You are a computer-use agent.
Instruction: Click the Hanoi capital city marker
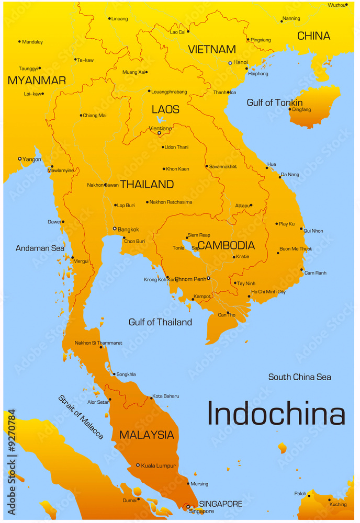pyautogui.click(x=230, y=63)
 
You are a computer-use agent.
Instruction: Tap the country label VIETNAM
pyautogui.click(x=212, y=50)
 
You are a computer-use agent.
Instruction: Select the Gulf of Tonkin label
pyautogui.click(x=274, y=103)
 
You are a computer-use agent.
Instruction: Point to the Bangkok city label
pyautogui.click(x=128, y=229)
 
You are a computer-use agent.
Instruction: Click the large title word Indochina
pyautogui.click(x=276, y=414)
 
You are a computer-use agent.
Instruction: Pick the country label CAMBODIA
pyautogui.click(x=226, y=245)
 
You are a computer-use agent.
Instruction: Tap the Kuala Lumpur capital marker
pyautogui.click(x=138, y=465)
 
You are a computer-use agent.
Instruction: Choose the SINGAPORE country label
pyautogui.click(x=220, y=504)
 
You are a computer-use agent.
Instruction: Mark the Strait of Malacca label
pyautogui.click(x=81, y=417)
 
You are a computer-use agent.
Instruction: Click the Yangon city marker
pyautogui.click(x=20, y=159)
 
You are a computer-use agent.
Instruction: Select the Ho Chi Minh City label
pyautogui.click(x=268, y=292)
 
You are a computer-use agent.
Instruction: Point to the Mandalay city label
pyautogui.click(x=32, y=42)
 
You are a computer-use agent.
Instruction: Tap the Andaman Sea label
pyautogui.click(x=40, y=248)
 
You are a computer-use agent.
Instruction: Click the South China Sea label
pyautogui.click(x=299, y=377)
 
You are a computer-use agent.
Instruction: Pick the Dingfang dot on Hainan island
pyautogui.click(x=289, y=109)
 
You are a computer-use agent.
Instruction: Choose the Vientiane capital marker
pyautogui.click(x=159, y=133)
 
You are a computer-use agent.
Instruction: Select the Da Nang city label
pyautogui.click(x=290, y=174)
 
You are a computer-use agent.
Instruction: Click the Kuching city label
pyautogui.click(x=337, y=504)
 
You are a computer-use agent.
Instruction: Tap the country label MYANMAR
pyautogui.click(x=37, y=81)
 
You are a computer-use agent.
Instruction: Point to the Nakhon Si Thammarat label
pyautogui.click(x=98, y=343)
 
